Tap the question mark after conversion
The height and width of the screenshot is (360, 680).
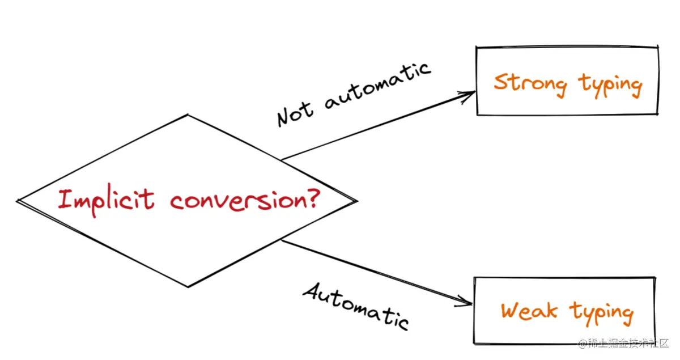click(x=311, y=198)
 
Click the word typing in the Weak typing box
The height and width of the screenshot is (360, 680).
click(x=602, y=313)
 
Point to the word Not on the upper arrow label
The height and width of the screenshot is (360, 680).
click(x=295, y=112)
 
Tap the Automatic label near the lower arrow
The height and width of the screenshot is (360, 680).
click(x=356, y=306)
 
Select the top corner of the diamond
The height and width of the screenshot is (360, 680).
click(x=188, y=116)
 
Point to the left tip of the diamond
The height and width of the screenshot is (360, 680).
click(x=18, y=201)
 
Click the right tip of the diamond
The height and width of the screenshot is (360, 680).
click(x=356, y=201)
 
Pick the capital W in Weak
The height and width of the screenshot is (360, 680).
click(x=512, y=311)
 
